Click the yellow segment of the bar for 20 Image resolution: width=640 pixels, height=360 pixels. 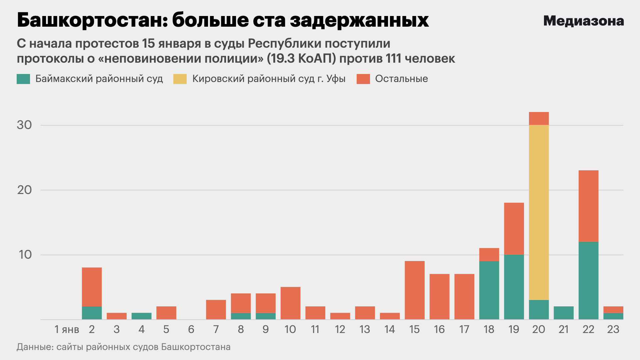539,212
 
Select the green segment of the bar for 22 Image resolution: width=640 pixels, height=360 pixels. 588,280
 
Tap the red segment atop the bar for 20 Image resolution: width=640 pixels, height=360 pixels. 539,118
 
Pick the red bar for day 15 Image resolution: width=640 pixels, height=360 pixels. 414,290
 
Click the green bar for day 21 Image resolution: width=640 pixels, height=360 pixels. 563,313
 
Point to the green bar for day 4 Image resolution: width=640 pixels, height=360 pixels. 141,316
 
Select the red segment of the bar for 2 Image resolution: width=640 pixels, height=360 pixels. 92,287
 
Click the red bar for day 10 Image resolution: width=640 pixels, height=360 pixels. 290,303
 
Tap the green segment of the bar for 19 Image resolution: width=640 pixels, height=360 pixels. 514,287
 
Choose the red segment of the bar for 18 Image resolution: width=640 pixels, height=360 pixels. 489,254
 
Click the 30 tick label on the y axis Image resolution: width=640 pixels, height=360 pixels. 24,125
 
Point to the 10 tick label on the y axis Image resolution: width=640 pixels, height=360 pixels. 25,255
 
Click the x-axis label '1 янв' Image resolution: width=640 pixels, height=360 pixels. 67,329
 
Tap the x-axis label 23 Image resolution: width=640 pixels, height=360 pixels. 613,329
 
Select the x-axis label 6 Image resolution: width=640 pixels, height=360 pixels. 191,329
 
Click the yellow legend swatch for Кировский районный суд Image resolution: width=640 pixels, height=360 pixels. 180,79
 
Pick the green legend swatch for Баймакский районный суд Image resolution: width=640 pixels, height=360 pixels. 23,79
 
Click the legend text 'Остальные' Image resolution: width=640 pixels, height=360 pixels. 401,79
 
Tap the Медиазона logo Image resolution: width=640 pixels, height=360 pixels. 583,21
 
